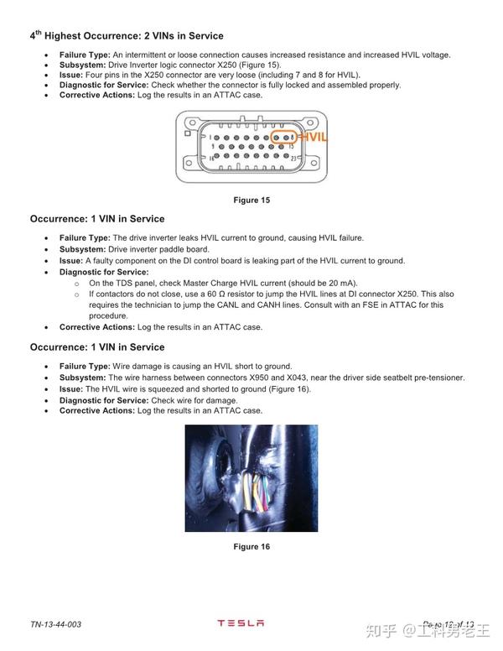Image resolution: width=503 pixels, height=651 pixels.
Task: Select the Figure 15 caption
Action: pos(251,200)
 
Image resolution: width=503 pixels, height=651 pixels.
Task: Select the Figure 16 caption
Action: pos(251,547)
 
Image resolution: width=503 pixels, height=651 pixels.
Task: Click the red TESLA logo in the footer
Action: pos(241,623)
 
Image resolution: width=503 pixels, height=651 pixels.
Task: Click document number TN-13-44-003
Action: pos(56,625)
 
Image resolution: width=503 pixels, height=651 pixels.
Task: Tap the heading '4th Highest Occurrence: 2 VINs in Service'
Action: pos(127,36)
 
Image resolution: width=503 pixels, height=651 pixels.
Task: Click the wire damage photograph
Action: pos(251,478)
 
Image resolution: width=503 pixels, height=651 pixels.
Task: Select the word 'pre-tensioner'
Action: pos(439,378)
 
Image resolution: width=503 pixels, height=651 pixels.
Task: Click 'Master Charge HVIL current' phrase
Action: pos(228,283)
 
